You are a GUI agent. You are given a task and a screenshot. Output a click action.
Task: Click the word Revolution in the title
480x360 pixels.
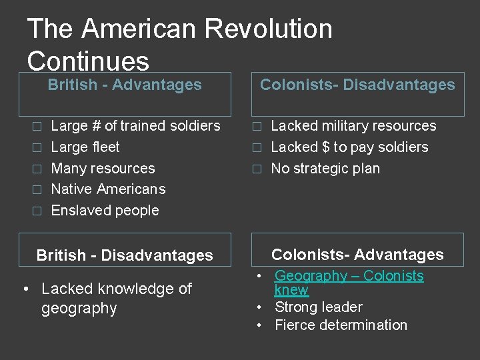point(269,29)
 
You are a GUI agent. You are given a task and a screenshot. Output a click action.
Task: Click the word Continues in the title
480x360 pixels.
point(88,61)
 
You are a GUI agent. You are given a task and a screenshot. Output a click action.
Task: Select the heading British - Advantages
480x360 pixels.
point(125,85)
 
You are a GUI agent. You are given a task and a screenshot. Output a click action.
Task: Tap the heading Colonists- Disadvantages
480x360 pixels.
point(357,85)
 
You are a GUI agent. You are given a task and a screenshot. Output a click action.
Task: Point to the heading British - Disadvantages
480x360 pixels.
point(125,255)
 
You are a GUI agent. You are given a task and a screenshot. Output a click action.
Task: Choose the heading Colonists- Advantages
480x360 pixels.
point(357,255)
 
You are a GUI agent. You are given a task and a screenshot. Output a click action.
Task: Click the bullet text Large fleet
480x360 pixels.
point(85,147)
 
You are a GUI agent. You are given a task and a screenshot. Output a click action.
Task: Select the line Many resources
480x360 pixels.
point(103,169)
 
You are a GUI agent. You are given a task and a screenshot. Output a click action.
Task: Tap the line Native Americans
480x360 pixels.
point(108,189)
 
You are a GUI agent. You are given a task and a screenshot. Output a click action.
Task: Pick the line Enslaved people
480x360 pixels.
point(105,211)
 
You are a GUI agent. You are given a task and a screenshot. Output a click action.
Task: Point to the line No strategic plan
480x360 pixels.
point(325,169)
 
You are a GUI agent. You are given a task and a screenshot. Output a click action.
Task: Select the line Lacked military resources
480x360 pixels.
point(353,126)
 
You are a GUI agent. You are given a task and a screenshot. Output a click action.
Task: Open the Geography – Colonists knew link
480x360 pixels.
point(349,276)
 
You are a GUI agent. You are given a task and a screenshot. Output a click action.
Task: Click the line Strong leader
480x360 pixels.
point(319,307)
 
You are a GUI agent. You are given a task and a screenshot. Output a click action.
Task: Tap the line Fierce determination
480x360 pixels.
point(341,325)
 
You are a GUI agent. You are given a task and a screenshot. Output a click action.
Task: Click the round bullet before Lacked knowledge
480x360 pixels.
point(25,289)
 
